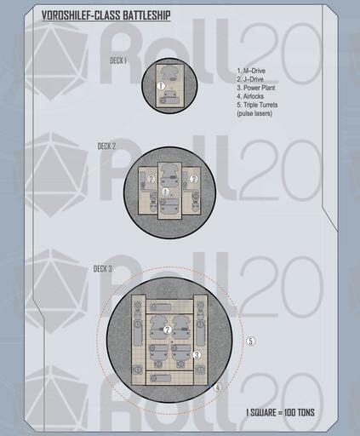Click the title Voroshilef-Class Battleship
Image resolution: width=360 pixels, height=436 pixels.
point(106,15)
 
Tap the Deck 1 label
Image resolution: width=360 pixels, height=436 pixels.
point(118,60)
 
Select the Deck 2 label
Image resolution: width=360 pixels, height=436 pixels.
point(106,146)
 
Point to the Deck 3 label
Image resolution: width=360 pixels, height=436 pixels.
point(103,268)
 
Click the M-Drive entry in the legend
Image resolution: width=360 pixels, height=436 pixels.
point(251,71)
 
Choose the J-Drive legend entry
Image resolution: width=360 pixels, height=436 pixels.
point(250,79)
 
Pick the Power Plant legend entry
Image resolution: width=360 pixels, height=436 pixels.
point(256,88)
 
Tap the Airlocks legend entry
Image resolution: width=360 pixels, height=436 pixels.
point(250,96)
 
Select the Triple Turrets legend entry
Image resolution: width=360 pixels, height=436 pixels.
point(257,105)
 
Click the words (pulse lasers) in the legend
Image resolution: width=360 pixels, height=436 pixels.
point(254,113)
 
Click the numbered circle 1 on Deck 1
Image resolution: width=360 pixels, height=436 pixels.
point(161,85)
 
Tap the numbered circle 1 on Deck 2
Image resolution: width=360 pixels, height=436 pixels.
point(165,192)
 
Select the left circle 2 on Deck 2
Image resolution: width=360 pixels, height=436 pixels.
point(151,179)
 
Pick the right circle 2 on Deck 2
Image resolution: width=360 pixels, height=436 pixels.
point(194,179)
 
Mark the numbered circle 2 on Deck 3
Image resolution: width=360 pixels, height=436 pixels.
point(168,330)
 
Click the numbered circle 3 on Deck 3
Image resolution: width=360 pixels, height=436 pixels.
point(197,354)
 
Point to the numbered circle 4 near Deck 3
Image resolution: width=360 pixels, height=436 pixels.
point(218,387)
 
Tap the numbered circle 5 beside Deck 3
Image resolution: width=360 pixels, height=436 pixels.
point(250,341)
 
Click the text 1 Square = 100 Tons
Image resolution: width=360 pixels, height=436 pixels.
point(280,412)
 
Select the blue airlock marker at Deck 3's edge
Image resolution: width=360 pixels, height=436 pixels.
point(209,386)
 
